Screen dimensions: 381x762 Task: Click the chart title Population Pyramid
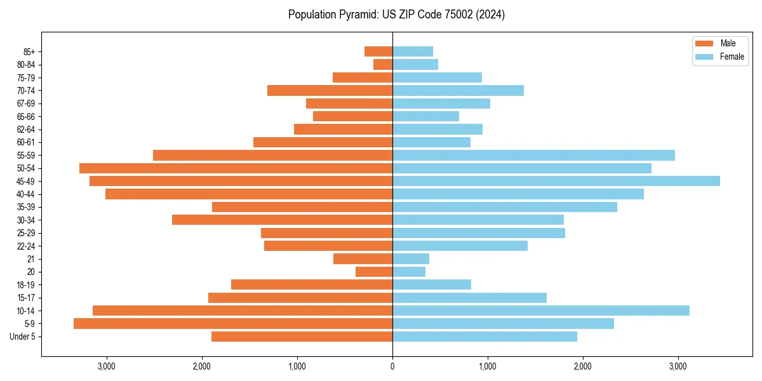(396, 15)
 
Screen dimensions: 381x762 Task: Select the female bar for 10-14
(541, 311)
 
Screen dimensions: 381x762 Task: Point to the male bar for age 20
(374, 272)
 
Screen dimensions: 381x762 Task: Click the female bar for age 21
(411, 258)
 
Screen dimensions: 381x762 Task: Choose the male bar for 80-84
(383, 64)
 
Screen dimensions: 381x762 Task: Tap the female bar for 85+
(413, 51)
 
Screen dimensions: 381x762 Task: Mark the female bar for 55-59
(533, 155)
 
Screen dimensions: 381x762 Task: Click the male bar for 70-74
(330, 90)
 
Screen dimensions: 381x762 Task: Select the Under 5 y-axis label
(23, 337)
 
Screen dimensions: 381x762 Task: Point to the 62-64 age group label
(27, 130)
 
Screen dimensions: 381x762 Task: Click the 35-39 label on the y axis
(27, 207)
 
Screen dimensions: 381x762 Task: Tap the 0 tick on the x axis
(392, 366)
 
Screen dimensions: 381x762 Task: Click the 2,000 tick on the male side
(201, 366)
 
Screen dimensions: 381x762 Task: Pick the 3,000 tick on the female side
(678, 366)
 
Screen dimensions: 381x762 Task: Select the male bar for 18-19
(312, 284)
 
